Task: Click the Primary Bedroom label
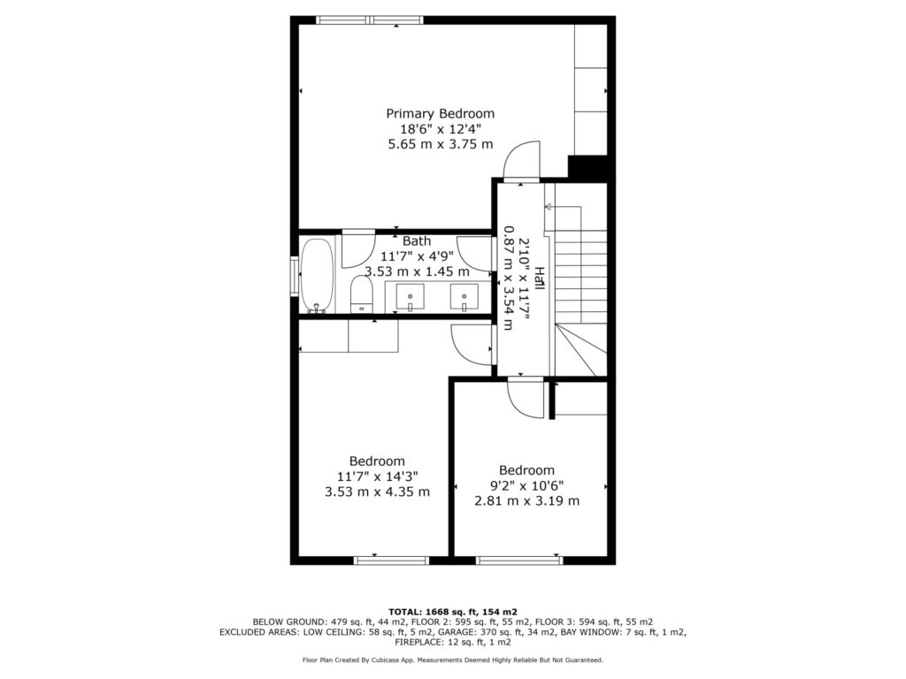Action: pos(441,113)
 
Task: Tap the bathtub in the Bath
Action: pos(317,276)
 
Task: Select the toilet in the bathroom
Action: pos(362,294)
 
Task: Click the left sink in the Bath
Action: pos(410,297)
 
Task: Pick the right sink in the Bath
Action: pos(464,297)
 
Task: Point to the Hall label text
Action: pos(539,278)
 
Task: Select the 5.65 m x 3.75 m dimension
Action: pos(441,144)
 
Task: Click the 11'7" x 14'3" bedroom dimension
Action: pos(377,477)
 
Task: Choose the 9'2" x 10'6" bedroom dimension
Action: pos(526,485)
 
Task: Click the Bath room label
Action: pos(417,240)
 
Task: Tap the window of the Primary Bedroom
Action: pos(370,20)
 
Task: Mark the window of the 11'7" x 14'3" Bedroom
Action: pos(391,560)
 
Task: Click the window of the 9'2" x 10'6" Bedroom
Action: pos(518,560)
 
